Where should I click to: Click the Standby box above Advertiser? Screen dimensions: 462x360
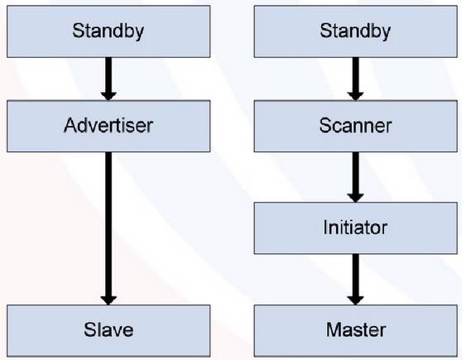coord(108,31)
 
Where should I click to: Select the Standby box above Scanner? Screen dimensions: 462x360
coord(356,31)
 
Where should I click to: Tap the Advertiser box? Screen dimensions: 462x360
coord(108,126)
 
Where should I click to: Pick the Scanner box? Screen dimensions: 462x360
coord(356,126)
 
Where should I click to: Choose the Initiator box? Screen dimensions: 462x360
coord(356,228)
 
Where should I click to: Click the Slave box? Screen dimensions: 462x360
coord(108,331)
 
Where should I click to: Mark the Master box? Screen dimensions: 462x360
coord(356,331)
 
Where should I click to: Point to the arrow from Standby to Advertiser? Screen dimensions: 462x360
coord(108,79)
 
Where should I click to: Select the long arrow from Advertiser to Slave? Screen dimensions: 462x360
coord(108,228)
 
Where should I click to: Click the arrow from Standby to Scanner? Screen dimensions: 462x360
coord(355,79)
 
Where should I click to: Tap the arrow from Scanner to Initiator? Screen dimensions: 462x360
coord(355,177)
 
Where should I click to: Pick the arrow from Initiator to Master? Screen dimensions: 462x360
coord(355,280)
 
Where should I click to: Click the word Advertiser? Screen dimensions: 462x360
coord(108,126)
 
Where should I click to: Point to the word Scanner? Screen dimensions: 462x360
coord(355,126)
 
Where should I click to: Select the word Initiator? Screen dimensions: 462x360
coord(355,228)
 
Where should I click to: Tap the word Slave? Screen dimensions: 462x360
coord(108,329)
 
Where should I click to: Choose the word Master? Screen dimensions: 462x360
coord(356,329)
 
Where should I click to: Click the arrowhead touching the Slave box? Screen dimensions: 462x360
coord(108,300)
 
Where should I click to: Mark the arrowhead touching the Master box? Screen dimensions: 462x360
coord(355,300)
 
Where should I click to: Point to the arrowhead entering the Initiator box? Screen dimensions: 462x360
coord(355,198)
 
